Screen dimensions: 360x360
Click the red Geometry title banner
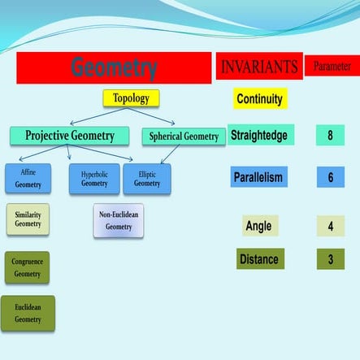click(x=114, y=68)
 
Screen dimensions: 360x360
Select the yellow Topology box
click(x=131, y=98)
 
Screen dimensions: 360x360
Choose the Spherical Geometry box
click(x=184, y=137)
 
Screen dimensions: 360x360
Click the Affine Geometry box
click(x=28, y=179)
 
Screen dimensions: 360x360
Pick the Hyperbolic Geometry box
click(x=94, y=179)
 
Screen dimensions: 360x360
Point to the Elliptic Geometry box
click(x=147, y=179)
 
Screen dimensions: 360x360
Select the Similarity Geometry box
click(x=28, y=219)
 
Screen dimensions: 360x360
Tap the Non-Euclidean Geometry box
click(x=119, y=220)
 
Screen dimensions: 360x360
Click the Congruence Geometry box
click(x=27, y=267)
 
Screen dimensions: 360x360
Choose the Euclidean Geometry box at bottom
click(x=28, y=313)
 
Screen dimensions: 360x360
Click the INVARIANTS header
click(x=259, y=67)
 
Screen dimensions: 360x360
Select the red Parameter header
click(x=332, y=67)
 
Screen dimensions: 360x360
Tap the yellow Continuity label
click(x=259, y=99)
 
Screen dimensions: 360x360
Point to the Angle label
click(x=258, y=226)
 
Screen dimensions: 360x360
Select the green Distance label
click(x=260, y=259)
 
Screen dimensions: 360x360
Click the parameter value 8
click(x=330, y=136)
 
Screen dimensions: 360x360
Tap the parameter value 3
click(x=330, y=259)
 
